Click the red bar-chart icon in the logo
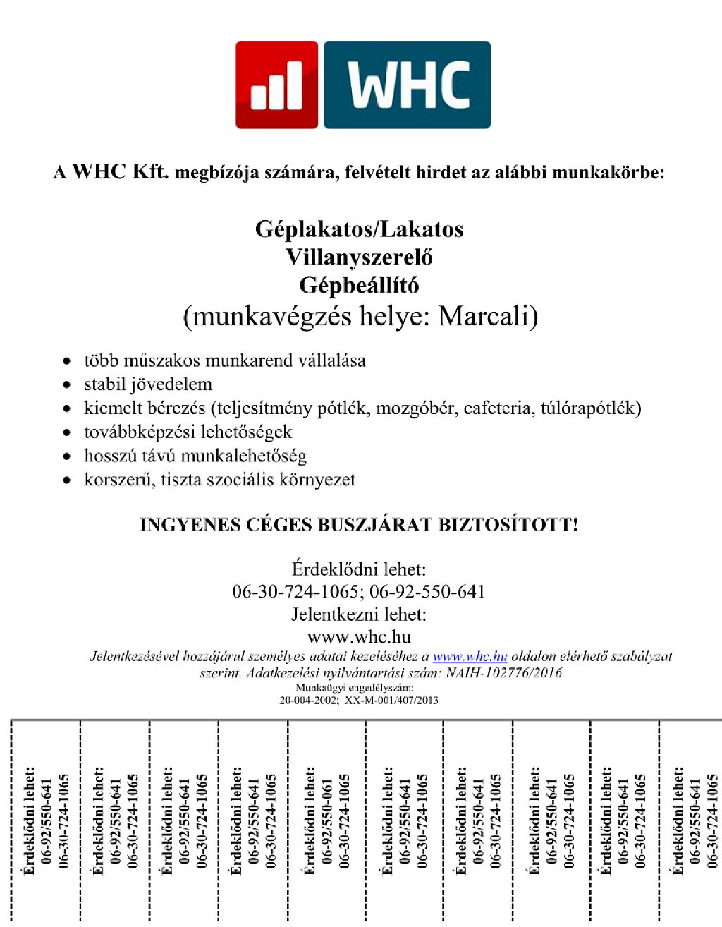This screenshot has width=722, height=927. click(277, 85)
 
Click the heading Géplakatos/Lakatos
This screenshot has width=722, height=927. click(359, 229)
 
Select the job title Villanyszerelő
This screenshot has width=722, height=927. click(359, 257)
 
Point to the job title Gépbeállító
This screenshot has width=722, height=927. click(359, 286)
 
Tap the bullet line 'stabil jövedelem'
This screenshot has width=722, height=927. click(148, 384)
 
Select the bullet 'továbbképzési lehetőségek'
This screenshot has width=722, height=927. click(188, 432)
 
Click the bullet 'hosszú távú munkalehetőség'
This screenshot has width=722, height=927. click(195, 456)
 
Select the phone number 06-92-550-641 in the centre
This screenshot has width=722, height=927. click(427, 591)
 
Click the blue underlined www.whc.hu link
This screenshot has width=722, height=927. click(470, 656)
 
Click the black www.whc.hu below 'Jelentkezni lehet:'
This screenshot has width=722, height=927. click(359, 636)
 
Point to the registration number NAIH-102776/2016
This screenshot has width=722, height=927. click(503, 672)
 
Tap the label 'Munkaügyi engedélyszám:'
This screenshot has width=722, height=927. click(354, 688)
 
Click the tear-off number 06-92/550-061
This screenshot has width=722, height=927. click(327, 821)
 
